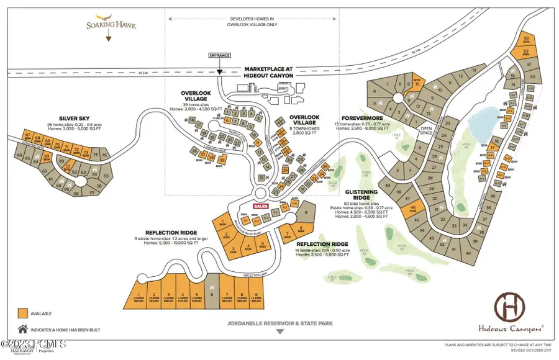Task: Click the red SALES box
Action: [260, 206]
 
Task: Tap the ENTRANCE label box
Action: [220, 55]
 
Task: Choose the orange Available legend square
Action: [23, 313]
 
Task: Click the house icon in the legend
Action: [23, 329]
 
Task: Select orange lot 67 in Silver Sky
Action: [28, 135]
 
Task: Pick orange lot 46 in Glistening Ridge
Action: [414, 209]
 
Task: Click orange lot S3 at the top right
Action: [527, 38]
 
